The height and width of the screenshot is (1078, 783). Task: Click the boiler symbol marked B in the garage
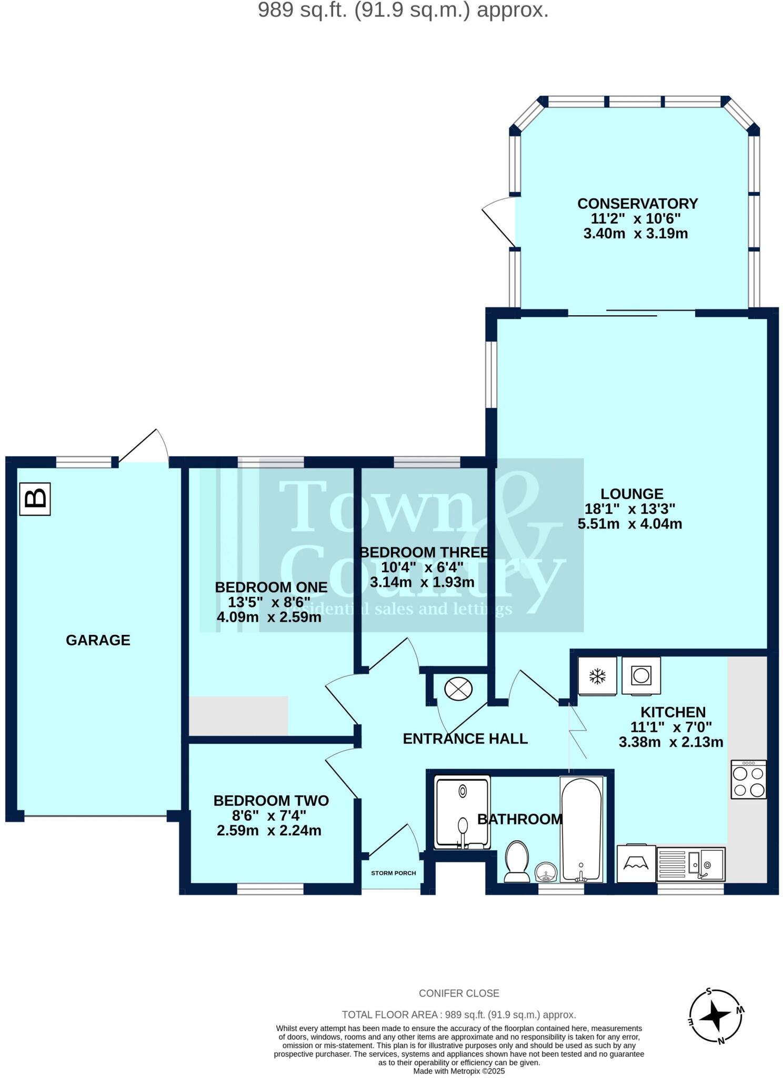[35, 498]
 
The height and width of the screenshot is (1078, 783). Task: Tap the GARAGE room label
[98, 640]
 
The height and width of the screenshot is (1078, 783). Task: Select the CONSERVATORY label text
[637, 203]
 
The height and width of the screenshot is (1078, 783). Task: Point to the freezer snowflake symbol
[597, 676]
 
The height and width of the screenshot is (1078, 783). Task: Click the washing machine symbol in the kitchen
[640, 675]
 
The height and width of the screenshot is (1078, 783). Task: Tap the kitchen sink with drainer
[690, 864]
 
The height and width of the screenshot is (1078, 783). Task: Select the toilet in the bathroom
[517, 861]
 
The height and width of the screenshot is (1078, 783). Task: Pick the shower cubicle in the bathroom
[462, 812]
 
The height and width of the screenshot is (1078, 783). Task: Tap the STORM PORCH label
[394, 873]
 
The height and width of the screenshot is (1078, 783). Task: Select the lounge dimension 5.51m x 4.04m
[630, 524]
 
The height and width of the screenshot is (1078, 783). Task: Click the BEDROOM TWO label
[271, 801]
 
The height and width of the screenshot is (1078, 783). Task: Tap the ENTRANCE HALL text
[465, 738]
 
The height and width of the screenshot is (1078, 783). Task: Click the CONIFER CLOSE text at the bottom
[459, 993]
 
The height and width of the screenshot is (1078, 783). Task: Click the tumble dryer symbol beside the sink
[636, 863]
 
